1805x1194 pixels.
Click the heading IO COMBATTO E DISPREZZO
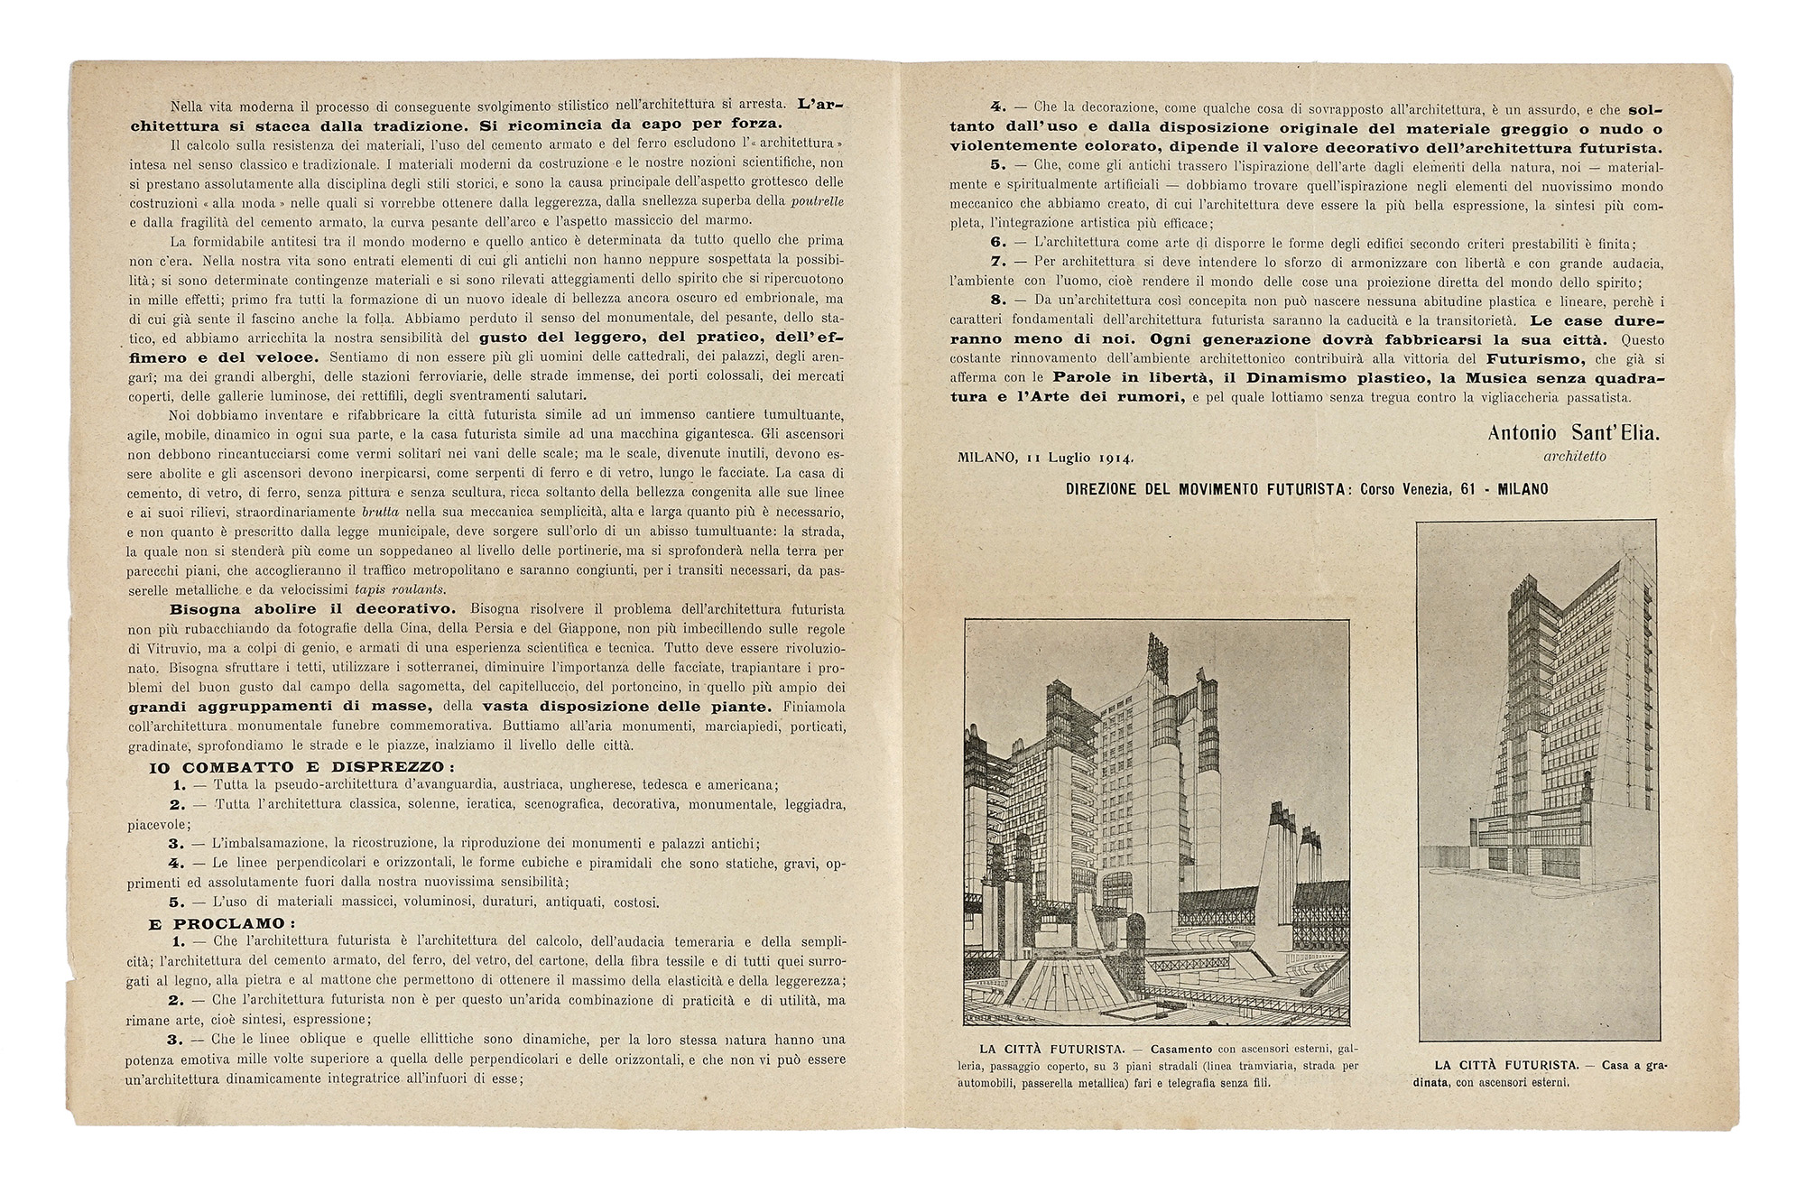click(x=302, y=767)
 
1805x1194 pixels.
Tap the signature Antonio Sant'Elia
click(x=1574, y=433)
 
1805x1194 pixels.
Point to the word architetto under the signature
click(x=1575, y=457)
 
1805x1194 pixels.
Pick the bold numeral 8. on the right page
click(x=998, y=301)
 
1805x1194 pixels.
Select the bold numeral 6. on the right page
click(x=998, y=243)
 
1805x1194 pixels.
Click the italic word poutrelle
click(x=818, y=201)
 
